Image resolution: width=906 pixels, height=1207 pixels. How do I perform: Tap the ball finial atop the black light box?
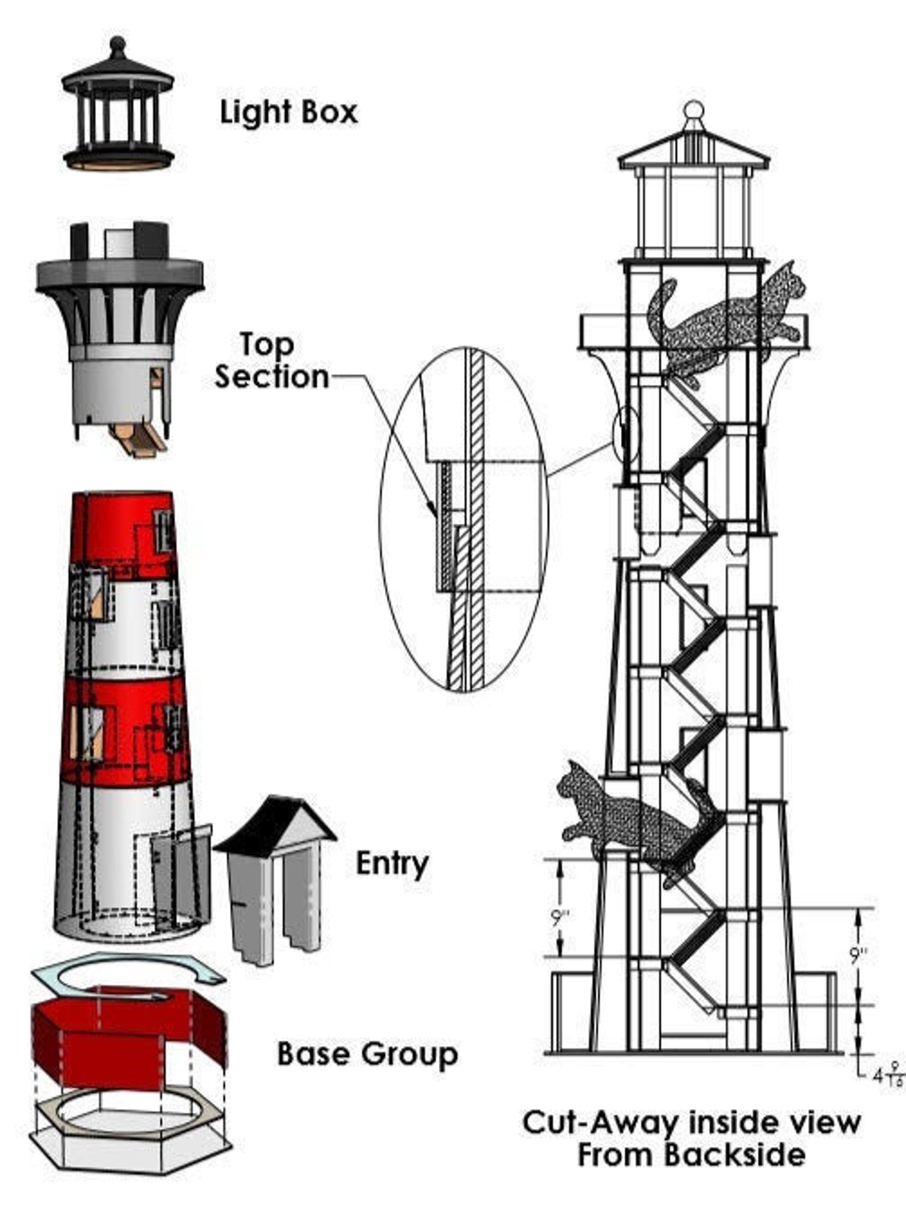point(118,45)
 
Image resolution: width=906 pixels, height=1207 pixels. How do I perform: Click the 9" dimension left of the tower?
point(561,919)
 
